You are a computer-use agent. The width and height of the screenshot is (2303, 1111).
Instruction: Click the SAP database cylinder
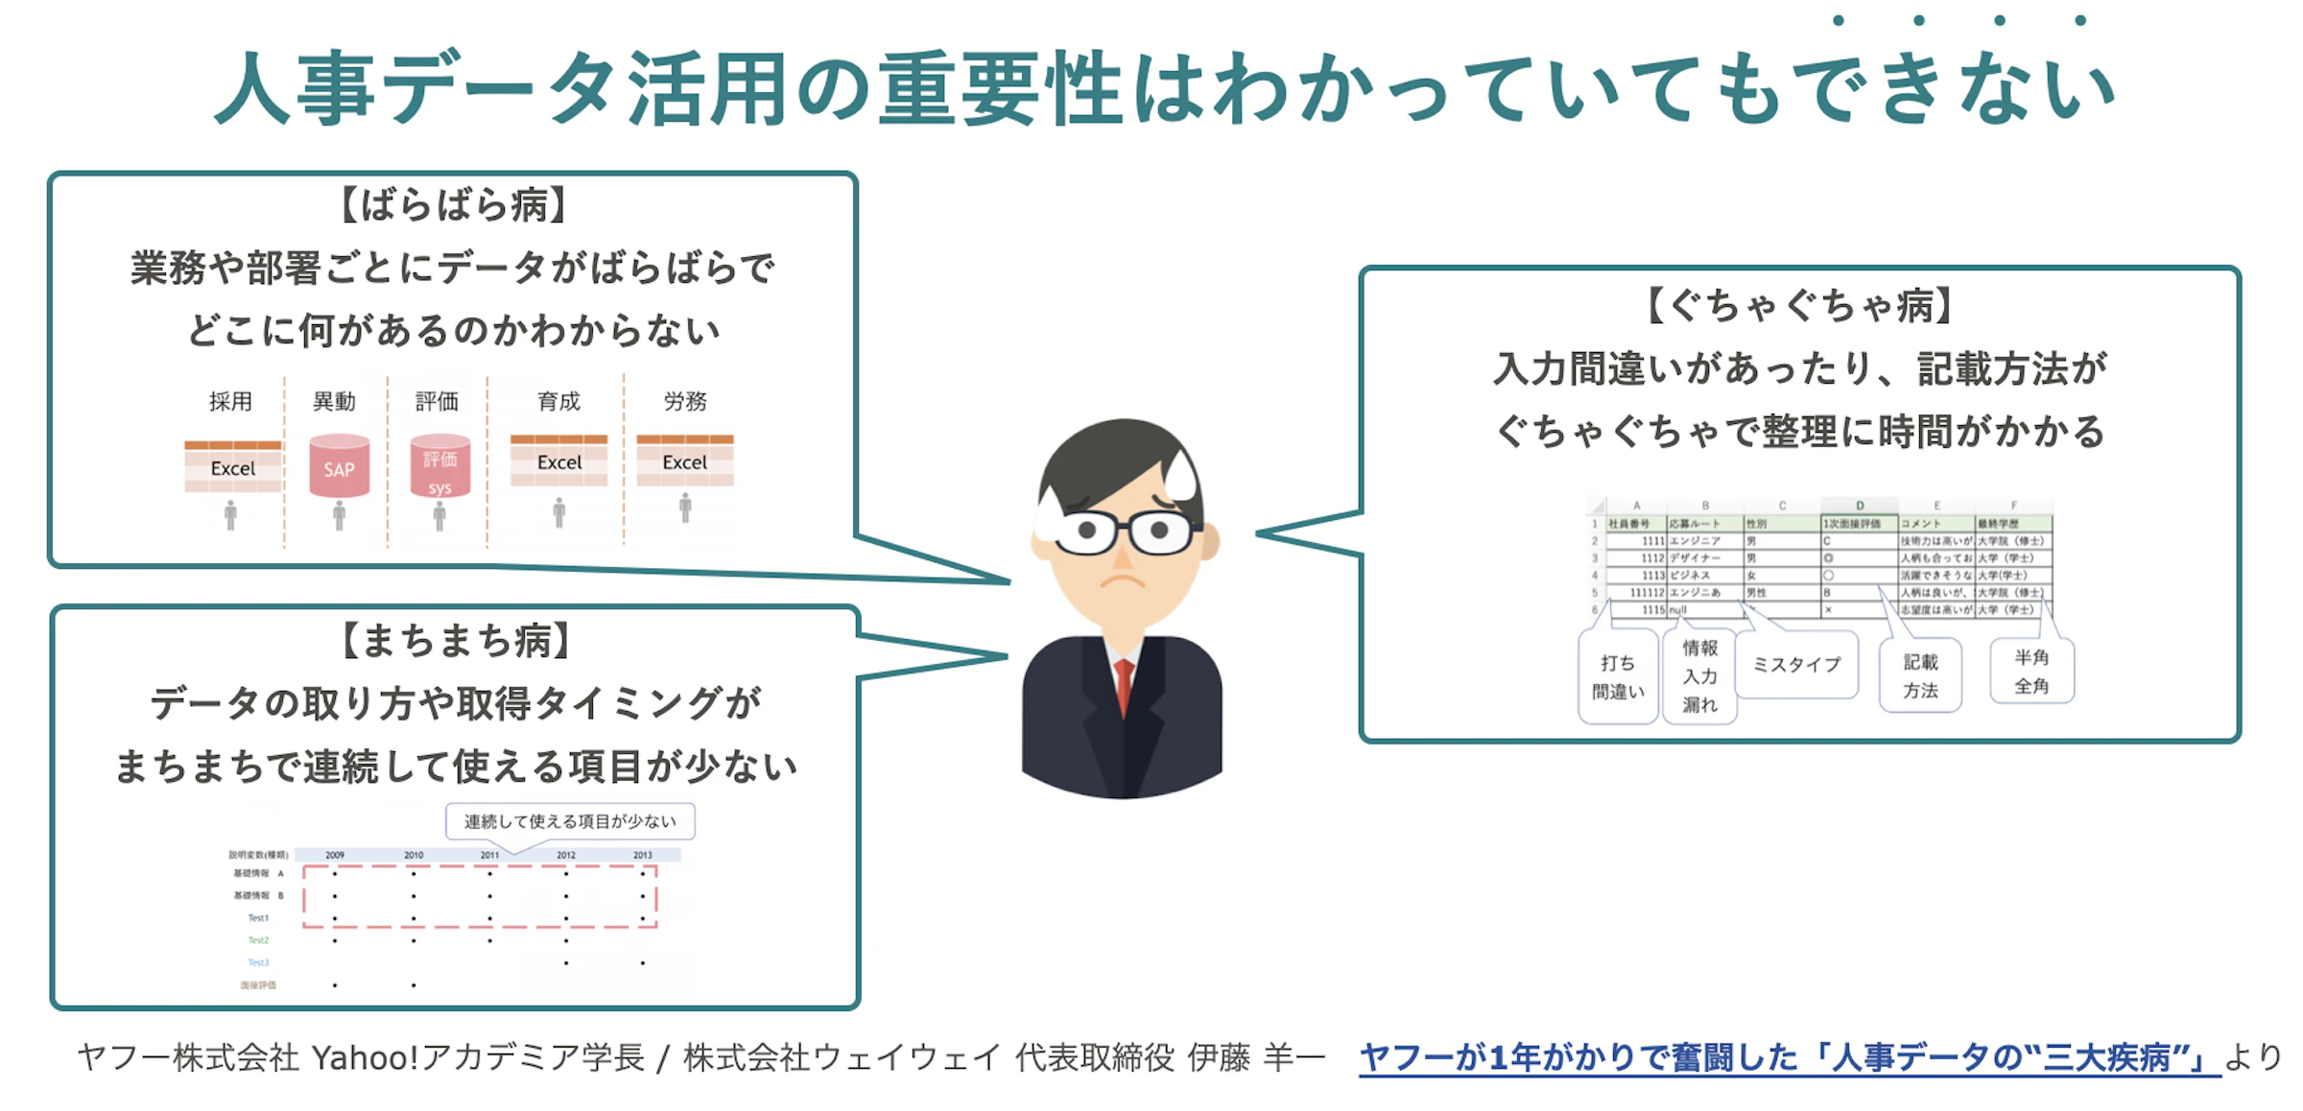(x=339, y=466)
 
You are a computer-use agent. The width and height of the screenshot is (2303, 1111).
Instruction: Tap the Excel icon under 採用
(x=233, y=467)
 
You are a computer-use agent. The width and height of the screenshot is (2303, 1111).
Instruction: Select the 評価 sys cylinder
(x=439, y=467)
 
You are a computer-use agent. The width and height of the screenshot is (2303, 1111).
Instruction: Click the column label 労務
(x=685, y=401)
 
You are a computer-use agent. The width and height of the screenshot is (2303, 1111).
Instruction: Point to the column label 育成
(x=558, y=401)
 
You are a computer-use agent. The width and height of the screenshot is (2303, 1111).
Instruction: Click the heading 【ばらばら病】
(x=453, y=205)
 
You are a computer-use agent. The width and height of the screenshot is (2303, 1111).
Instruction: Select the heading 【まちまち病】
(x=455, y=640)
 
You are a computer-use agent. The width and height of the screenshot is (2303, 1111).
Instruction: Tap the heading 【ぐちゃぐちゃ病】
(x=1798, y=306)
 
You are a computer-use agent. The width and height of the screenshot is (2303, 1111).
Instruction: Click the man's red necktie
(x=1124, y=686)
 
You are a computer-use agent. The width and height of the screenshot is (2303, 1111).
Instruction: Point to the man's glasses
(x=1123, y=531)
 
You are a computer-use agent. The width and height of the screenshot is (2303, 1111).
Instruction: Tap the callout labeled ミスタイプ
(x=1796, y=664)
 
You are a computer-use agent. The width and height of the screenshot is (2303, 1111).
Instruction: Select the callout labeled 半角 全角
(x=2031, y=672)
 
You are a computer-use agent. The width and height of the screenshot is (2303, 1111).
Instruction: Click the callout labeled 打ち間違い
(x=1618, y=676)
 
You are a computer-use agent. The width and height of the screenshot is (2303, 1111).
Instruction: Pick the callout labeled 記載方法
(x=1920, y=675)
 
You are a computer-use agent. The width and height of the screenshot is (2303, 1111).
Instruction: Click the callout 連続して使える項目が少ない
(x=570, y=821)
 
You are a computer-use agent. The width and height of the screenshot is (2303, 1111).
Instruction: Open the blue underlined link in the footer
(x=1789, y=1057)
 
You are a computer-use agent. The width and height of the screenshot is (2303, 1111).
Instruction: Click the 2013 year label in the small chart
(x=642, y=855)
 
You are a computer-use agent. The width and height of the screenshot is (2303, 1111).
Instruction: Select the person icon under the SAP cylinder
(x=339, y=516)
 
